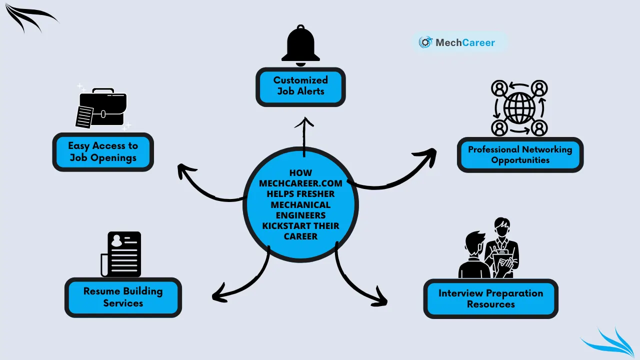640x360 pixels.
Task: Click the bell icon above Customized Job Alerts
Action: click(x=300, y=44)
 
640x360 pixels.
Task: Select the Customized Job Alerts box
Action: click(x=300, y=86)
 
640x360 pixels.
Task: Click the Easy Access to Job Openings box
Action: click(x=103, y=152)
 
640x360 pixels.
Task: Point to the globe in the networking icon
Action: click(x=519, y=108)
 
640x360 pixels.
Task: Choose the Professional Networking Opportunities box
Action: click(x=520, y=155)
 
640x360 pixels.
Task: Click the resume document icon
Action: click(x=122, y=254)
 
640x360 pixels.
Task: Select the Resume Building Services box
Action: click(x=123, y=297)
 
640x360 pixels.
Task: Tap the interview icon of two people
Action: click(x=489, y=249)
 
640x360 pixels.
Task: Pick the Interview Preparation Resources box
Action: click(x=490, y=298)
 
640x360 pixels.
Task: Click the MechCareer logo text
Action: click(x=465, y=43)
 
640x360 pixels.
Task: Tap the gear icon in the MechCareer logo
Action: click(x=425, y=43)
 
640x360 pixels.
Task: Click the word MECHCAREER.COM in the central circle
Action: click(x=300, y=183)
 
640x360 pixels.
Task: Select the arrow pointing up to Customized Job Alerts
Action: click(x=304, y=132)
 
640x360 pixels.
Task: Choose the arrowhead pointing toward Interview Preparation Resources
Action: click(x=381, y=300)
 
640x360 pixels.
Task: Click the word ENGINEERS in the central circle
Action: click(x=300, y=215)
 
